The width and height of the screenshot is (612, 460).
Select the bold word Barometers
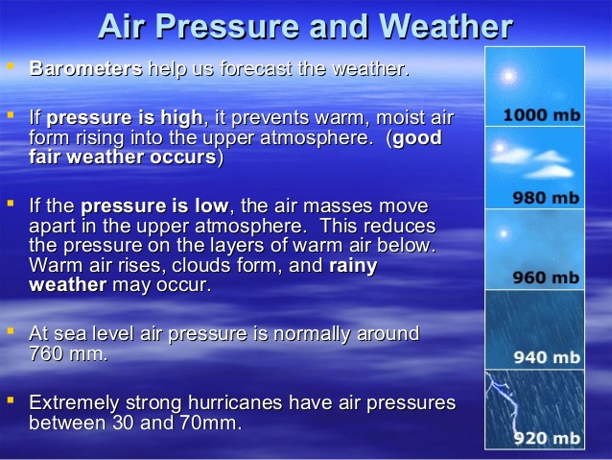pos(86,69)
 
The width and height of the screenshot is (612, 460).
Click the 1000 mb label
pos(541,114)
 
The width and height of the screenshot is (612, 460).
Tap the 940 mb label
pos(546,357)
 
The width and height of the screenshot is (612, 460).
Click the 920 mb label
pos(546,438)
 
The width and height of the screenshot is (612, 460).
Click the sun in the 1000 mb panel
pos(508,75)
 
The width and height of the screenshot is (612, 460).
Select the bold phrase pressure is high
pos(125,118)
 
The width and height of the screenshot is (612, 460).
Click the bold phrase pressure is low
pos(154,206)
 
